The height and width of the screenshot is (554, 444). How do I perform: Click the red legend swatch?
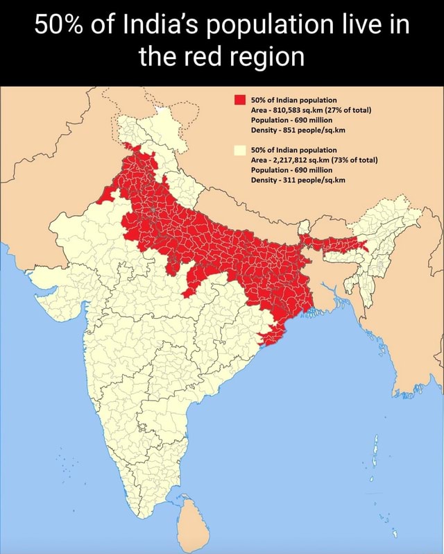(x=241, y=100)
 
